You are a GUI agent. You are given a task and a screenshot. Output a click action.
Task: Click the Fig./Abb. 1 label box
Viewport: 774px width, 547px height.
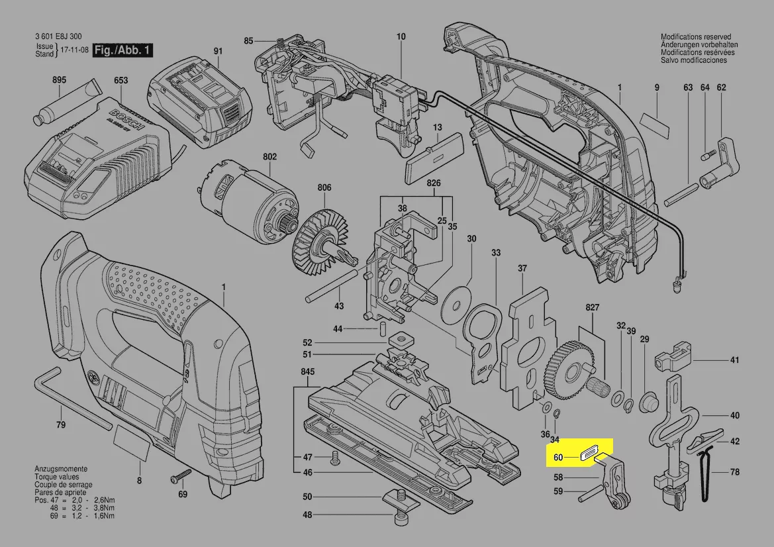coord(123,50)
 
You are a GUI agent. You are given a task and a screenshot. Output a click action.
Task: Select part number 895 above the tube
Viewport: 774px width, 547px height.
coord(59,80)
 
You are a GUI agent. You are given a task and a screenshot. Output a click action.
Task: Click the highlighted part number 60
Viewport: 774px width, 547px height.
coord(557,457)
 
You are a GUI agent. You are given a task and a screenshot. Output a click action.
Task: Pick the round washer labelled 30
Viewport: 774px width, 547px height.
coord(458,300)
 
